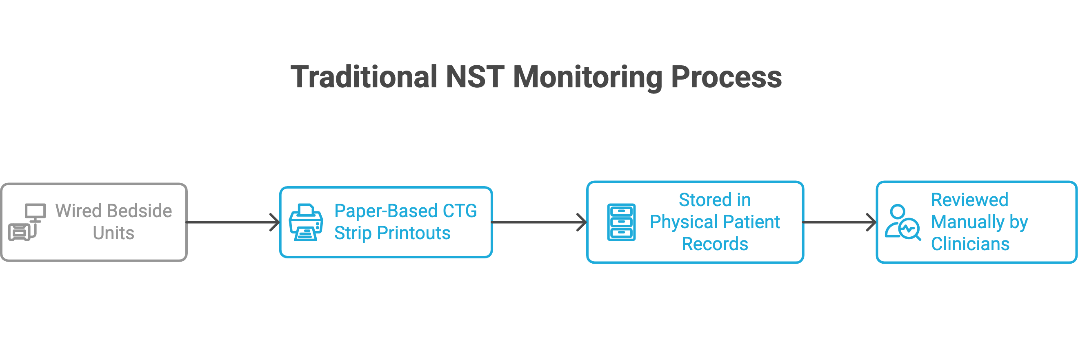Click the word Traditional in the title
click(364, 77)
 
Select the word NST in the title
click(475, 77)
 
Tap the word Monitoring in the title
click(587, 78)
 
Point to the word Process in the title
click(726, 77)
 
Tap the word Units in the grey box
click(113, 233)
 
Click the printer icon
click(306, 222)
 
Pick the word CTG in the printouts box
click(460, 211)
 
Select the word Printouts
click(413, 233)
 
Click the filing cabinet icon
click(621, 222)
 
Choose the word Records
click(715, 244)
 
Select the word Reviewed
click(969, 200)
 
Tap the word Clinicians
click(970, 244)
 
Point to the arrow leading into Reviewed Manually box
click(840, 222)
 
